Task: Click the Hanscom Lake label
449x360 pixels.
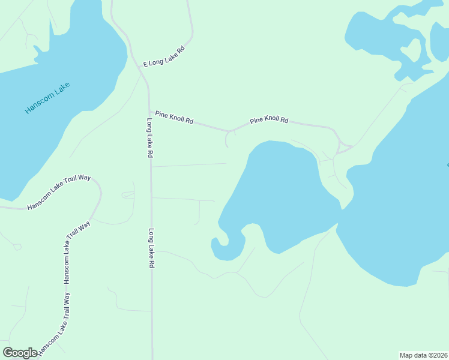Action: (x=47, y=98)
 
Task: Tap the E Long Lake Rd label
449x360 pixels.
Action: (x=163, y=56)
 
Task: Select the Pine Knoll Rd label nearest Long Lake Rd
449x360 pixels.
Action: (x=174, y=117)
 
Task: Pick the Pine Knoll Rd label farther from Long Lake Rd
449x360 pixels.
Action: (x=269, y=120)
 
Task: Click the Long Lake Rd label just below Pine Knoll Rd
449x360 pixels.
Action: (x=149, y=137)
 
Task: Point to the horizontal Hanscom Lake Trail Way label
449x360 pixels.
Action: (x=58, y=192)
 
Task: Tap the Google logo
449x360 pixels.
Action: (x=20, y=353)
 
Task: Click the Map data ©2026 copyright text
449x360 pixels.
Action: (x=423, y=355)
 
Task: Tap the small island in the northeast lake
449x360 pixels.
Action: (x=411, y=50)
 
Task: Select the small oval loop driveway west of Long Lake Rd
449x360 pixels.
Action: (x=127, y=194)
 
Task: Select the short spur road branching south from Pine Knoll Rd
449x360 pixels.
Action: (x=227, y=139)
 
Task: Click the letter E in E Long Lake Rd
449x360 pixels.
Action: (x=145, y=64)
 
